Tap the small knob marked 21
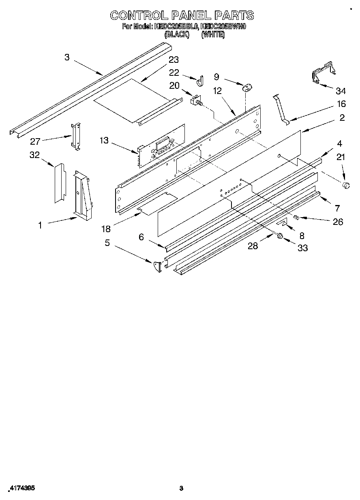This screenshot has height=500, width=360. [x=346, y=185]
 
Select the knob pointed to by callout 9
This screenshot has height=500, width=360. [x=247, y=87]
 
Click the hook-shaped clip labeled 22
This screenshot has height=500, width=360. [x=200, y=82]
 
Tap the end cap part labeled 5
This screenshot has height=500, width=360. [x=156, y=267]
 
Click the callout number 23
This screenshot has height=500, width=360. [x=174, y=60]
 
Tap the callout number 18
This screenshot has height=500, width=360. [x=106, y=229]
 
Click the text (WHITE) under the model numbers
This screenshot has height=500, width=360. [x=212, y=35]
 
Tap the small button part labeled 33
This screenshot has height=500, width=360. [x=279, y=236]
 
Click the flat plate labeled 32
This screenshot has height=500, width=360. [x=60, y=183]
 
